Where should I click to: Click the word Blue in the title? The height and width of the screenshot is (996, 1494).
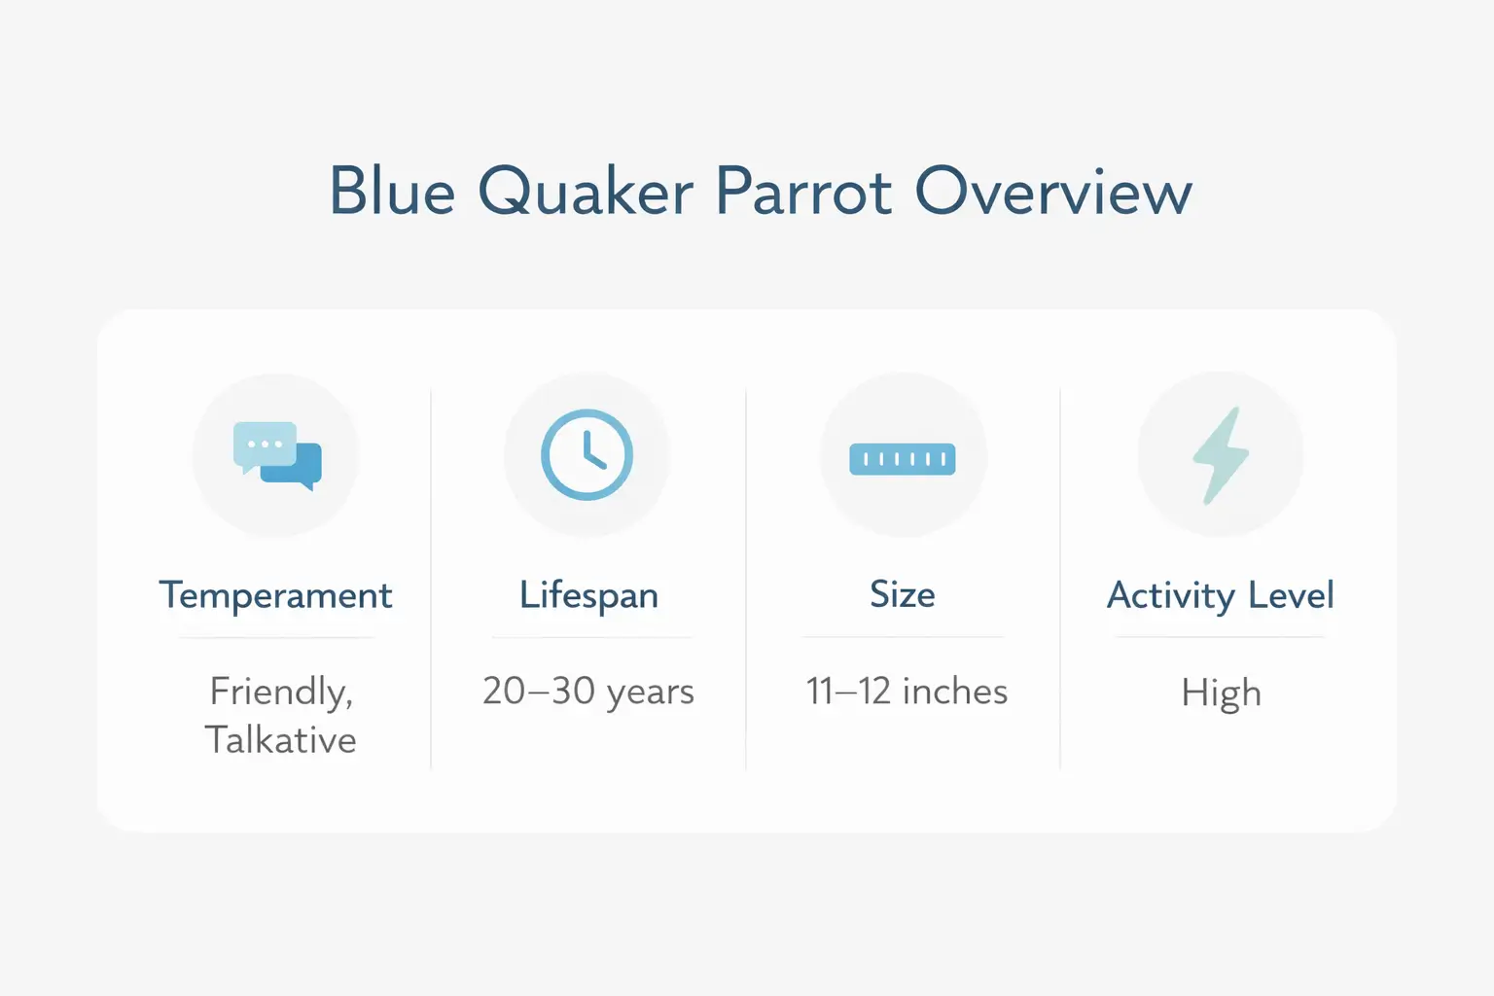click(x=392, y=191)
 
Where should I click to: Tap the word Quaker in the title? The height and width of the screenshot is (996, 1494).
click(x=585, y=191)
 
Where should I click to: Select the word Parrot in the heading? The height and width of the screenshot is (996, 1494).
click(x=803, y=191)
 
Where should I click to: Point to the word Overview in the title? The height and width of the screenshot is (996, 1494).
click(x=1052, y=191)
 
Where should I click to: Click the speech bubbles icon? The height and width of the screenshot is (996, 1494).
click(x=277, y=455)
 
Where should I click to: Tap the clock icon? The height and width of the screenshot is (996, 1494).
click(x=587, y=455)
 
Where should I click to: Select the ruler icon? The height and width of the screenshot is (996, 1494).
click(x=903, y=459)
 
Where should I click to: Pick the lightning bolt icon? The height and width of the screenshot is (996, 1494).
click(x=1221, y=455)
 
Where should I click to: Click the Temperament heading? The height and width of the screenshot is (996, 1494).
click(x=276, y=595)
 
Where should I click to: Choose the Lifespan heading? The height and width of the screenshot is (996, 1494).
click(x=588, y=595)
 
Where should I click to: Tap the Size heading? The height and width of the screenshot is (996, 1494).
click(x=903, y=594)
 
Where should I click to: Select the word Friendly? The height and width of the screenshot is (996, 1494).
click(x=281, y=692)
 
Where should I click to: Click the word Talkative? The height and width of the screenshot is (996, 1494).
click(x=280, y=740)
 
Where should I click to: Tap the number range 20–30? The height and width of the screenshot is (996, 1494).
click(x=539, y=692)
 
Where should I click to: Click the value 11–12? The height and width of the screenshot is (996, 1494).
click(x=848, y=692)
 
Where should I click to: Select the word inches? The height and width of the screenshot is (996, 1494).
click(x=955, y=692)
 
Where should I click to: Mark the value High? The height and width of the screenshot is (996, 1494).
click(x=1221, y=693)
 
